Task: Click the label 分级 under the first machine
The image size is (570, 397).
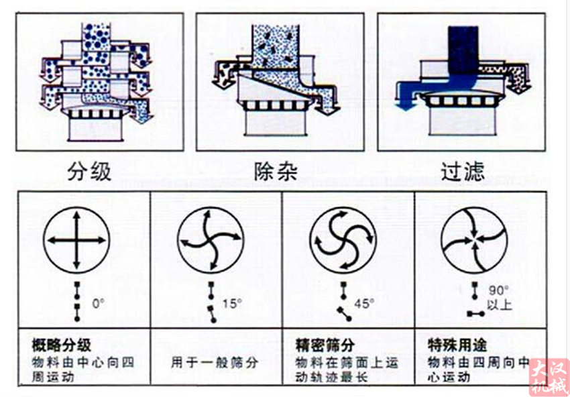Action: (x=89, y=172)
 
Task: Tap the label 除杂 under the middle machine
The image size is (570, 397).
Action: (x=274, y=172)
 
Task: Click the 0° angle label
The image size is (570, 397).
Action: (x=99, y=303)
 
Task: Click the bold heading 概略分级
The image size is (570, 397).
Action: (x=61, y=346)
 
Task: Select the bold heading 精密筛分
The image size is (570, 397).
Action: (x=325, y=346)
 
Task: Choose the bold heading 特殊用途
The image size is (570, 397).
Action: (x=457, y=346)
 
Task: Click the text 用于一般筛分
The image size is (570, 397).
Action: (x=215, y=362)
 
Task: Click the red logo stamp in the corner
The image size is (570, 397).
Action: (x=549, y=377)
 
